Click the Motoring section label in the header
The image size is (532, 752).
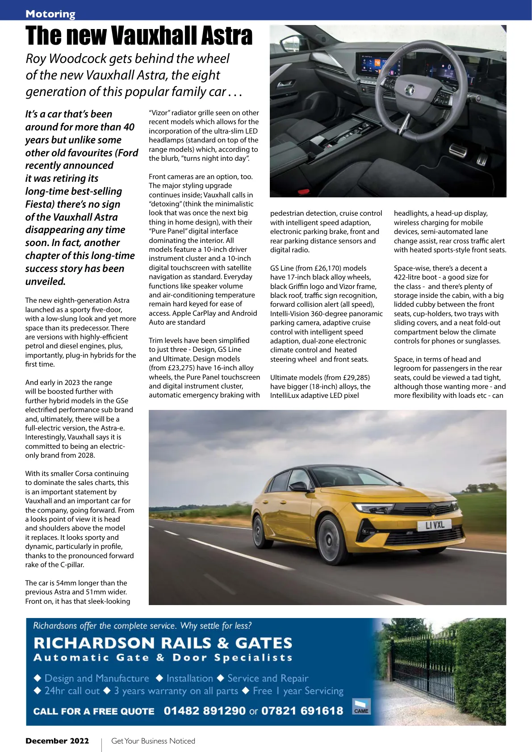tap(50, 14)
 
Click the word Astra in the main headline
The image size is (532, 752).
tap(226, 36)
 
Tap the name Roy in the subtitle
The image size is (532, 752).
tap(36, 58)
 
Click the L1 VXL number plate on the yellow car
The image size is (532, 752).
tap(435, 525)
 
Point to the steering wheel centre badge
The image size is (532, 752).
tap(409, 91)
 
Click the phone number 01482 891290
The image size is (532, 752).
tap(204, 711)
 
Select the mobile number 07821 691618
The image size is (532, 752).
tap(302, 711)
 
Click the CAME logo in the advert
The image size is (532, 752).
tap(361, 707)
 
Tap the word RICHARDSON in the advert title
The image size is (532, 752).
tap(94, 643)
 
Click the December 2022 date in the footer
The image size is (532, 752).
tap(57, 741)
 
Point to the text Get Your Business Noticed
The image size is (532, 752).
tap(153, 741)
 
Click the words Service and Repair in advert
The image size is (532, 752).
tap(268, 678)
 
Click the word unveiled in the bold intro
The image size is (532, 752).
tap(45, 282)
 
